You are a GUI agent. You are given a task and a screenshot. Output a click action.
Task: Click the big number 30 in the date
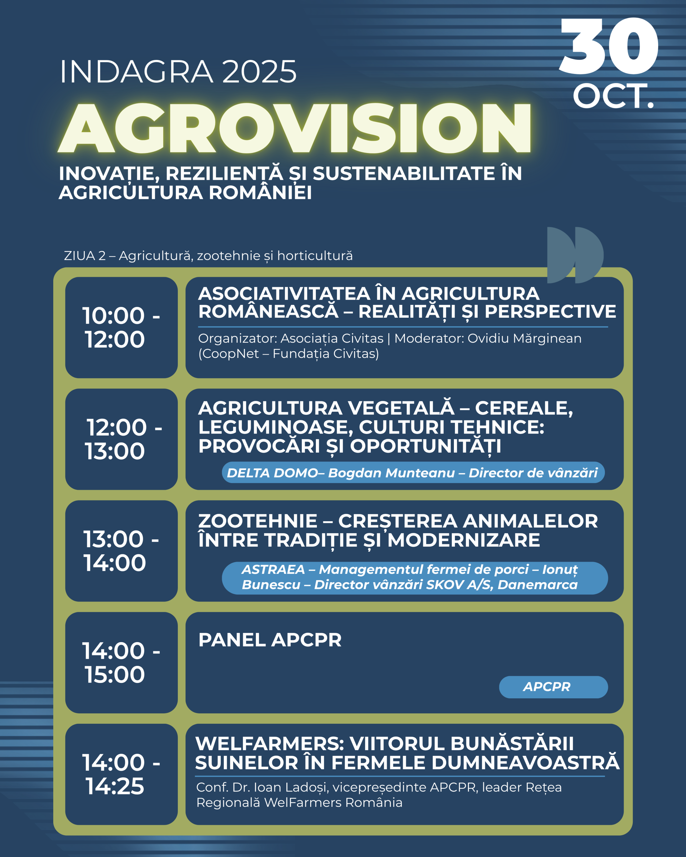click(609, 46)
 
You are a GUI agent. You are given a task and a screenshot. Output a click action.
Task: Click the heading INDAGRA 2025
click(178, 72)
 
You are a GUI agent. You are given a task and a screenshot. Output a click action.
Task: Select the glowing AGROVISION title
click(295, 128)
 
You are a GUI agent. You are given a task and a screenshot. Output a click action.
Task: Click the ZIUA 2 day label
click(208, 255)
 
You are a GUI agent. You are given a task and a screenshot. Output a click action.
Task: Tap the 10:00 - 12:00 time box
click(121, 327)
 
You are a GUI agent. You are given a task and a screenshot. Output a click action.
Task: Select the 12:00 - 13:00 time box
click(121, 439)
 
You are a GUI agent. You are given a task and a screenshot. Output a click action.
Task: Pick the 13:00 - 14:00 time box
click(121, 551)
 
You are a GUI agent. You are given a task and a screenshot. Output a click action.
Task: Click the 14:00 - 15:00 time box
click(121, 663)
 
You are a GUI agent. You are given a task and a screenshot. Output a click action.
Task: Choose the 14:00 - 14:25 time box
click(121, 774)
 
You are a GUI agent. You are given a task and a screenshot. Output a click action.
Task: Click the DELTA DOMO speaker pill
click(413, 473)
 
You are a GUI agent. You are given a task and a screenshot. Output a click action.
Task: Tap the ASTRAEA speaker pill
click(415, 578)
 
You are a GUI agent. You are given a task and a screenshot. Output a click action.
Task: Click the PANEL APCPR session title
click(270, 640)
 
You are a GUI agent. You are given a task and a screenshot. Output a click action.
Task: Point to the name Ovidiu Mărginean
click(525, 338)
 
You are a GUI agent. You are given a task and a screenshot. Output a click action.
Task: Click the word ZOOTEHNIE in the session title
click(258, 521)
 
